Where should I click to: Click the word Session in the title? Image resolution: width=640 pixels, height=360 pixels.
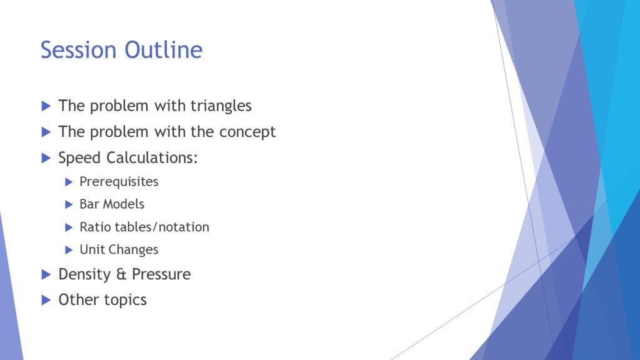(78, 50)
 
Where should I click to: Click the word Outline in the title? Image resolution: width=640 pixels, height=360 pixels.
(163, 50)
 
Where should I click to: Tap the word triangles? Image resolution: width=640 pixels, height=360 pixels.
(221, 106)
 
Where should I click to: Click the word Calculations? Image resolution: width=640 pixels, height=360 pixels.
(152, 157)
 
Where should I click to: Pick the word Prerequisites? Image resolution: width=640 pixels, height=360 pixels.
(119, 182)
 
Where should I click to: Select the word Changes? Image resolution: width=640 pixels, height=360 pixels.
(133, 250)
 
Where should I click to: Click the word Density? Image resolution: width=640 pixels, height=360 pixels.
(84, 274)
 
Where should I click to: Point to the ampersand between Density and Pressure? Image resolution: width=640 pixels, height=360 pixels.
(121, 274)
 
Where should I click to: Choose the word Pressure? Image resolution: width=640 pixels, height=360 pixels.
(161, 274)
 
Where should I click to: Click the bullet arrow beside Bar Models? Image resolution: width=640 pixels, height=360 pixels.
(69, 204)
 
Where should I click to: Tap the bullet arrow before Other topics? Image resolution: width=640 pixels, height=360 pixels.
(46, 301)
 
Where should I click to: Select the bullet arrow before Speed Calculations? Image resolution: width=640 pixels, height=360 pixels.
(46, 158)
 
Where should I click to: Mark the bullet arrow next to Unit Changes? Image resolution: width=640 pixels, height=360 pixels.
(69, 250)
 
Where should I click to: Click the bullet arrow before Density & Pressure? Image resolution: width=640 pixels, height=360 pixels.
(46, 275)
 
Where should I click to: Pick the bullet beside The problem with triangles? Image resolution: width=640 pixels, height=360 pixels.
(46, 106)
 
